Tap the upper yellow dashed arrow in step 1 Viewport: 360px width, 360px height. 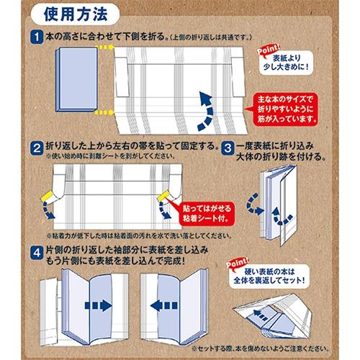tap(104, 45)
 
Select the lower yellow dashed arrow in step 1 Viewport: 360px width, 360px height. tap(104, 111)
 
